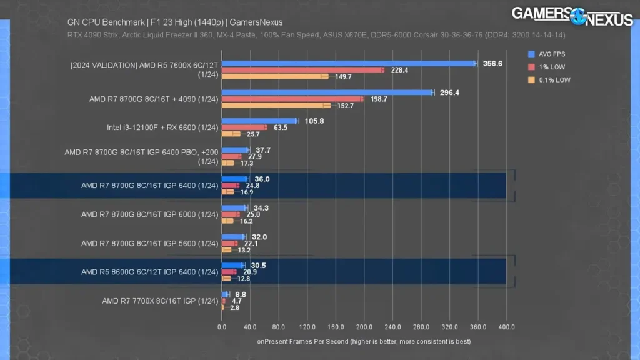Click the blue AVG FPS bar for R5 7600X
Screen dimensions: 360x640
[349, 64]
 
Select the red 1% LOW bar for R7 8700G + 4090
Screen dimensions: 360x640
[292, 99]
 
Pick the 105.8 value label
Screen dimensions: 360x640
[314, 121]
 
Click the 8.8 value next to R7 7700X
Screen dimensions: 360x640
[240, 294]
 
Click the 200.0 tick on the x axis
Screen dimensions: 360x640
[364, 327]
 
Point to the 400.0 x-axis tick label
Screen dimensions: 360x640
[506, 327]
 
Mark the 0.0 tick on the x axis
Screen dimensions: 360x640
[222, 327]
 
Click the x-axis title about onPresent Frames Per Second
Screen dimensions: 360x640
[364, 342]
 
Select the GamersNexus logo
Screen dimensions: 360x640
[572, 16]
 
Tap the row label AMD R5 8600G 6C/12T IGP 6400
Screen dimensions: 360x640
[149, 272]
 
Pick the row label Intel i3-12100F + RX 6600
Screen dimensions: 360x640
[162, 128]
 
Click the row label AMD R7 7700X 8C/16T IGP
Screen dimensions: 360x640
[160, 301]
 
